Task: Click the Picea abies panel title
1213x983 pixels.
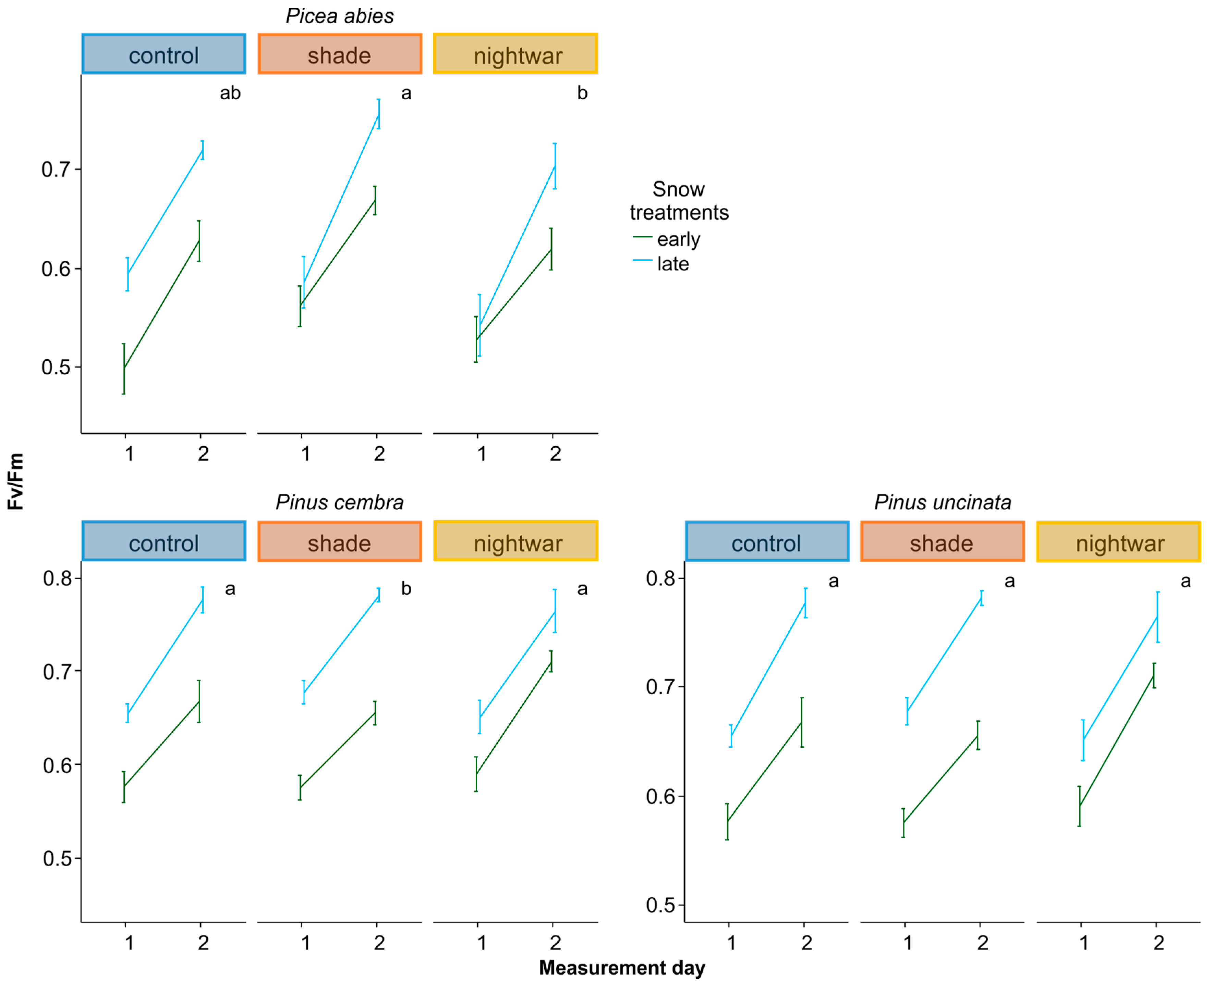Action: pos(339,16)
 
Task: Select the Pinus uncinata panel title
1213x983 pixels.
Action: pos(942,502)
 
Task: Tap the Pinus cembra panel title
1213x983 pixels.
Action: pos(339,502)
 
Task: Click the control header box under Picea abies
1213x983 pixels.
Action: pos(164,54)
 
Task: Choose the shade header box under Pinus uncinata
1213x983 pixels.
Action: pos(942,542)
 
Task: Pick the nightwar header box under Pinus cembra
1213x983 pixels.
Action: pos(515,541)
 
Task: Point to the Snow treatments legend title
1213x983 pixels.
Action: pos(679,200)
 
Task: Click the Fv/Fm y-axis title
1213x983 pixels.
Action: pos(15,481)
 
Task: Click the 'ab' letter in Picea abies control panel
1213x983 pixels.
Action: pos(230,93)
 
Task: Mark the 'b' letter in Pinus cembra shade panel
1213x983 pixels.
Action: pos(406,589)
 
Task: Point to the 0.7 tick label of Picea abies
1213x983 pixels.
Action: pos(56,169)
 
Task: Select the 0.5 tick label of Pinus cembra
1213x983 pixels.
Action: pos(58,858)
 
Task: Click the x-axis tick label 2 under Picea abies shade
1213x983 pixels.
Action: pos(379,453)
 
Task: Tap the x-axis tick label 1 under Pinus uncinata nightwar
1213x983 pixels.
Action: pos(1083,943)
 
